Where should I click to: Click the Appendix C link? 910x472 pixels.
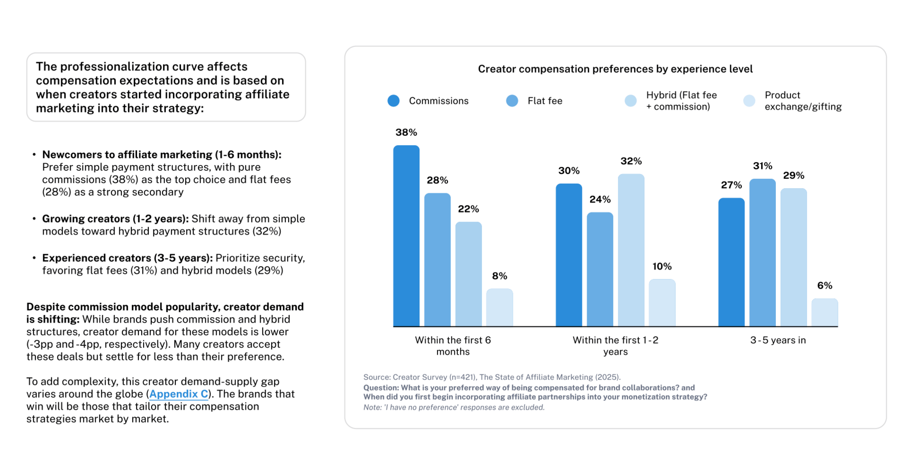coord(179,394)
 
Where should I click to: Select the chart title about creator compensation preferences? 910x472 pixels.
coord(615,69)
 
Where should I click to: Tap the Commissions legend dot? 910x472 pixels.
coord(393,101)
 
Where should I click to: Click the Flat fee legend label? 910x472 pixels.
coord(545,101)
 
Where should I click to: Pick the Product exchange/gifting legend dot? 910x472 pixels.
coord(749,101)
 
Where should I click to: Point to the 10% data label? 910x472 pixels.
coord(662,267)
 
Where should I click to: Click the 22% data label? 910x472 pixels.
coord(468,209)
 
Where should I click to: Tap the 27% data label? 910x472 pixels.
coord(731,185)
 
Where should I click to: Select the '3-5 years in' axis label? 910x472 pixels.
coord(777,340)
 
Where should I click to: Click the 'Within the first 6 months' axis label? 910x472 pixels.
coord(453,346)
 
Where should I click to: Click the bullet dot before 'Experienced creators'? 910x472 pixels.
coord(34,258)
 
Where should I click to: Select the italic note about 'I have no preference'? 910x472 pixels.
coord(454,407)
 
